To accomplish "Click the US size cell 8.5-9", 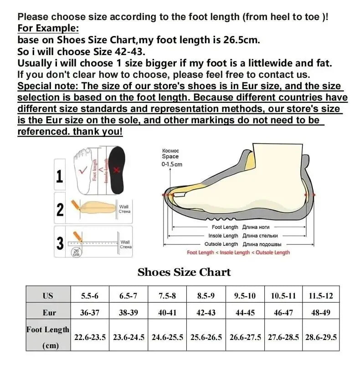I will click(206, 296).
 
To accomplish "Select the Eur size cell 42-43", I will click(206, 313).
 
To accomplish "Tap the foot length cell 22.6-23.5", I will click(90, 337).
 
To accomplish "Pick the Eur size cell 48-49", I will click(320, 313).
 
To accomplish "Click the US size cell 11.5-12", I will click(320, 296).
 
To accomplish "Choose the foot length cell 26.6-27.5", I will click(245, 337).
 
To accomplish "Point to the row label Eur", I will click(48, 313).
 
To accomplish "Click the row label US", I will click(48, 296).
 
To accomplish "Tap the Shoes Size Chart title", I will click(184, 272).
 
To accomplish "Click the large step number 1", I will click(60, 176).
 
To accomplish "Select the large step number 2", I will click(60, 209).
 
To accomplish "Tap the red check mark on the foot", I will click(83, 171).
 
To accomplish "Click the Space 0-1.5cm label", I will click(171, 157).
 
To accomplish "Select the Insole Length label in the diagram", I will click(223, 236).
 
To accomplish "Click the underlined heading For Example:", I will click(48, 28).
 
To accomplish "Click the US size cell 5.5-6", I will click(90, 296).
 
